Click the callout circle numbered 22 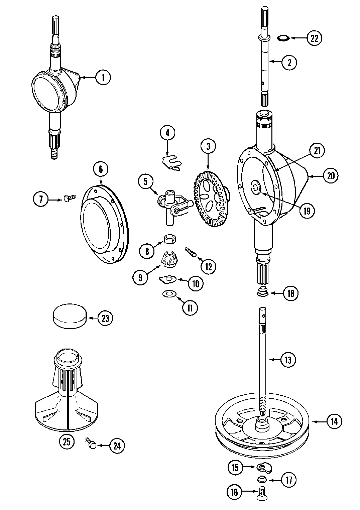point(314,38)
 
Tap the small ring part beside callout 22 point(284,38)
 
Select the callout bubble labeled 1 point(103,78)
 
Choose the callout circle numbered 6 point(101,169)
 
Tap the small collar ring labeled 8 point(170,240)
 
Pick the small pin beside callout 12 point(190,251)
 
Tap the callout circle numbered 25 point(67,441)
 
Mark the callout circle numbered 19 point(307,211)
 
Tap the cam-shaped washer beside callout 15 point(265,467)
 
